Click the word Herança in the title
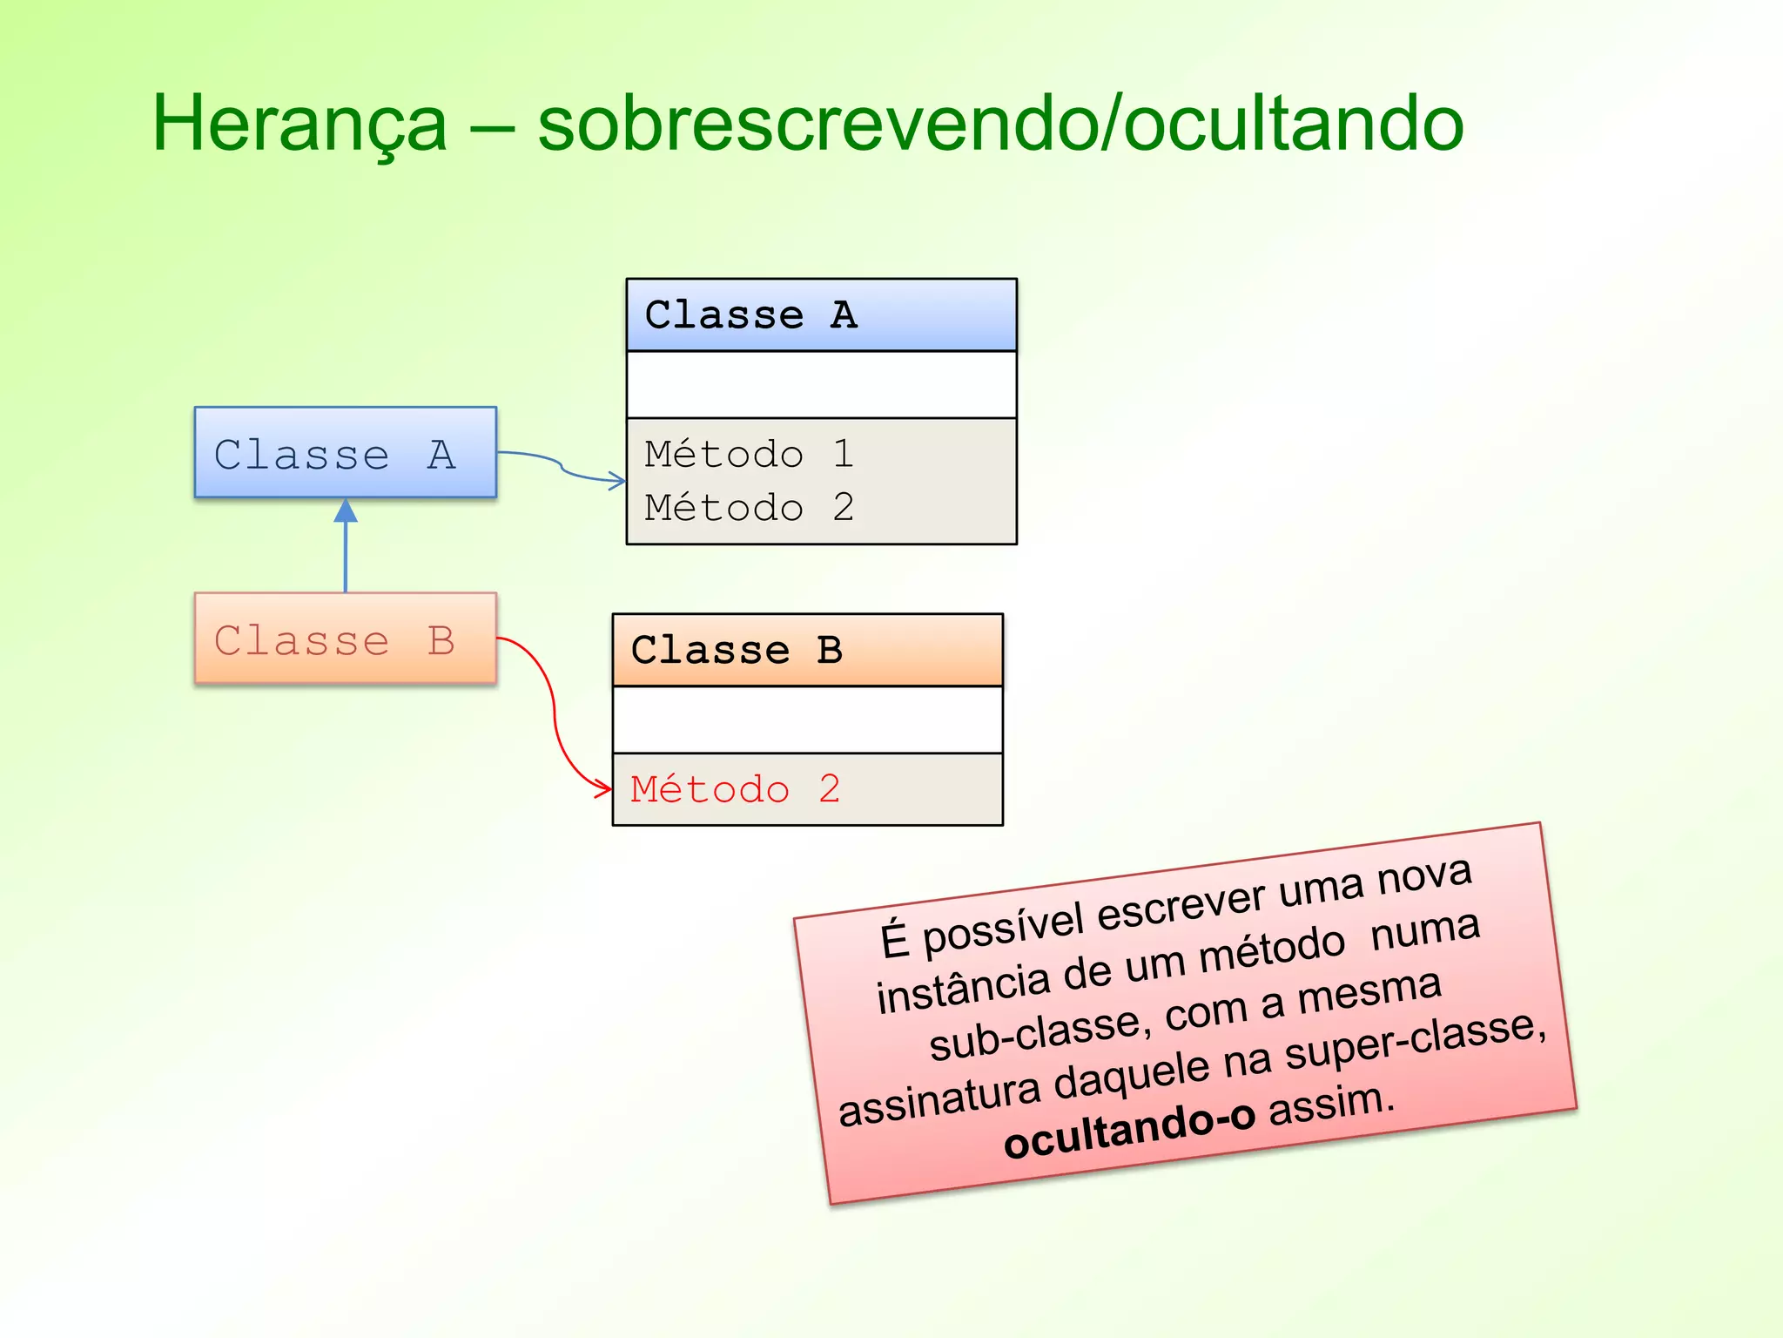pyautogui.click(x=299, y=125)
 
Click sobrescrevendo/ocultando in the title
pyautogui.click(x=1000, y=125)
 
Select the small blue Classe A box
pyautogui.click(x=346, y=453)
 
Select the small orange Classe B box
pyautogui.click(x=346, y=639)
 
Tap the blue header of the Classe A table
pyautogui.click(x=821, y=314)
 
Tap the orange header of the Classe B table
pyautogui.click(x=807, y=650)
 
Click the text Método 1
pyautogui.click(x=749, y=454)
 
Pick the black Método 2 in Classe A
pyautogui.click(x=749, y=507)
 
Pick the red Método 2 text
pyautogui.click(x=735, y=789)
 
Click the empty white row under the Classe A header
pyautogui.click(x=821, y=384)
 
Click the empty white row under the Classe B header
pyautogui.click(x=807, y=720)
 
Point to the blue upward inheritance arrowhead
pyautogui.click(x=346, y=510)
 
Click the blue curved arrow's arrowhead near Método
pyautogui.click(x=617, y=480)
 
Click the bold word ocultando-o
pyautogui.click(x=1128, y=1130)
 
